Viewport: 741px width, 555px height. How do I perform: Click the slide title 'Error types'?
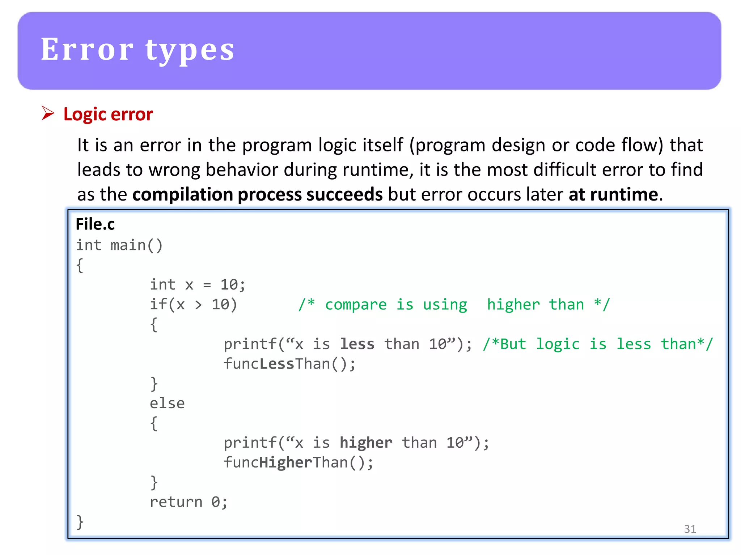pyautogui.click(x=137, y=50)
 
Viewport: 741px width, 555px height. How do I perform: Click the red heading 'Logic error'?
pyautogui.click(x=108, y=115)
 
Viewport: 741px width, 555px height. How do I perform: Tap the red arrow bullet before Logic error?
pyautogui.click(x=48, y=113)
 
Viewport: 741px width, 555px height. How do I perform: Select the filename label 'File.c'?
pyautogui.click(x=95, y=224)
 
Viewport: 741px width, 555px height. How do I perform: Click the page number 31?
pyautogui.click(x=690, y=529)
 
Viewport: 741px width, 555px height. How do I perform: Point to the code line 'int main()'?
pyautogui.click(x=119, y=245)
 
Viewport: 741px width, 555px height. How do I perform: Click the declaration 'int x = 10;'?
pyautogui.click(x=198, y=285)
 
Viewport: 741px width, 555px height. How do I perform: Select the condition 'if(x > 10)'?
pyautogui.click(x=194, y=305)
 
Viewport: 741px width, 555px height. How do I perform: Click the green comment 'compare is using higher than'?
pyautogui.click(x=454, y=305)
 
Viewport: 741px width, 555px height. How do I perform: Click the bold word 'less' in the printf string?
pyautogui.click(x=357, y=344)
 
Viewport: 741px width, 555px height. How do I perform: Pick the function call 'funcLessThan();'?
pyautogui.click(x=289, y=364)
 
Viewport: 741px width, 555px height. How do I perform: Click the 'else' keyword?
pyautogui.click(x=167, y=403)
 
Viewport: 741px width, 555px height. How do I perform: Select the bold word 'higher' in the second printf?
pyautogui.click(x=366, y=443)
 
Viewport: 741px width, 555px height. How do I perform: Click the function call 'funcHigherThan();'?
pyautogui.click(x=298, y=462)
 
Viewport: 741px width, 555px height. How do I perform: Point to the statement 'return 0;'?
pyautogui.click(x=189, y=502)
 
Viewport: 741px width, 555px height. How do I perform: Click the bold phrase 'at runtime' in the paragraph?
pyautogui.click(x=613, y=195)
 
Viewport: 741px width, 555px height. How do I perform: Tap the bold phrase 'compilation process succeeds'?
pyautogui.click(x=257, y=195)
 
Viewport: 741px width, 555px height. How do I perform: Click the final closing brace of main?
pyautogui.click(x=80, y=522)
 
